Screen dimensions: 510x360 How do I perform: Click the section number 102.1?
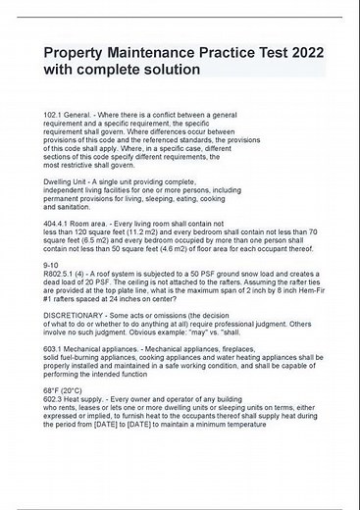coord(55,115)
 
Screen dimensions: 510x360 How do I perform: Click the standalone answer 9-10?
coord(50,265)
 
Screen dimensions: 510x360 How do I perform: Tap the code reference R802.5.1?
coord(61,274)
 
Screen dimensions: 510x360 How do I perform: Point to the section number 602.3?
coord(55,428)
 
